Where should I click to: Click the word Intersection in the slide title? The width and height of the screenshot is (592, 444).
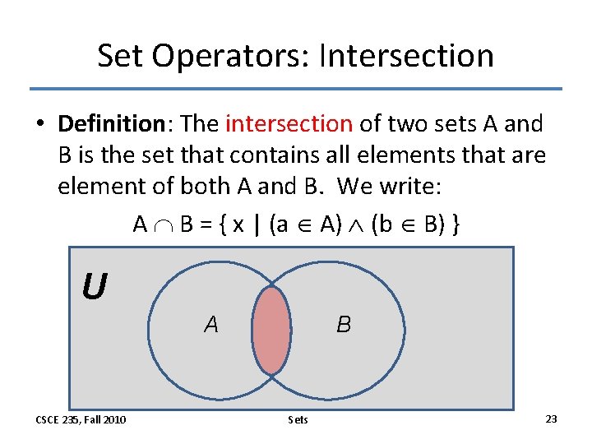click(x=405, y=56)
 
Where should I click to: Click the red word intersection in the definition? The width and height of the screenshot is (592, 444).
click(x=289, y=124)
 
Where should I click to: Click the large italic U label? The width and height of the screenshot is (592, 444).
click(x=94, y=287)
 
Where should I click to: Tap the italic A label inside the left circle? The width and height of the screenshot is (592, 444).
click(x=211, y=325)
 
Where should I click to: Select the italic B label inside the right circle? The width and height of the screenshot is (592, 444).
click(x=344, y=325)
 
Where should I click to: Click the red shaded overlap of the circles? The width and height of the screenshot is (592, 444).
click(x=272, y=328)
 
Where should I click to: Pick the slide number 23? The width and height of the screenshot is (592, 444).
click(x=551, y=419)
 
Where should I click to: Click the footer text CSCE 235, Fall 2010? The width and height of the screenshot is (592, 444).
click(x=81, y=419)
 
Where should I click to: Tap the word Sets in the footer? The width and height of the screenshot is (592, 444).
click(x=298, y=419)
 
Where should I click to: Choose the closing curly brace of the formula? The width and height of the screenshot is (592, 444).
click(x=455, y=224)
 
